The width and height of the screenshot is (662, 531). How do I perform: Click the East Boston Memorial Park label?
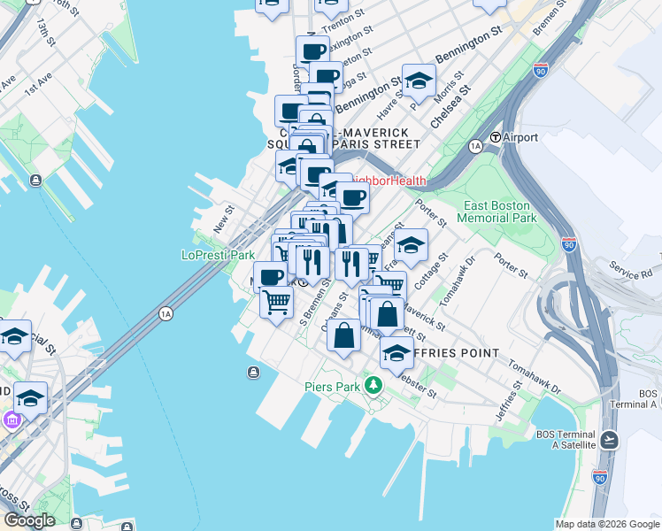pos(497,212)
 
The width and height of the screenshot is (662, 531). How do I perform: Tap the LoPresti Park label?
pos(218,255)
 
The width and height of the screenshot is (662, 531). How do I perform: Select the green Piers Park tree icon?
pos(373,385)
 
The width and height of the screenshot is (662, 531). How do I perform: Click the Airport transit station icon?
pos(496,138)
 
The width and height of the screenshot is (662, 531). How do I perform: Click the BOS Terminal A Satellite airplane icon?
pos(609,440)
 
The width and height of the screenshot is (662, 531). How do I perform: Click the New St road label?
pos(222,219)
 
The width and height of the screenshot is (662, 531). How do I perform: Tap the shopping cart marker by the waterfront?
pos(276,302)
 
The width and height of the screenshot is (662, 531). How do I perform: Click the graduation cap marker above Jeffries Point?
pos(396,352)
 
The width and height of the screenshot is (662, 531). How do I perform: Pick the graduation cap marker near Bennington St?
pos(419,80)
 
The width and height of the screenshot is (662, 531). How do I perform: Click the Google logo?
pos(28,520)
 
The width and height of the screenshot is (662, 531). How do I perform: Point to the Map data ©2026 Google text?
pos(606,523)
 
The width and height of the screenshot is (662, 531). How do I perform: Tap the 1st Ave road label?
pos(36,87)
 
